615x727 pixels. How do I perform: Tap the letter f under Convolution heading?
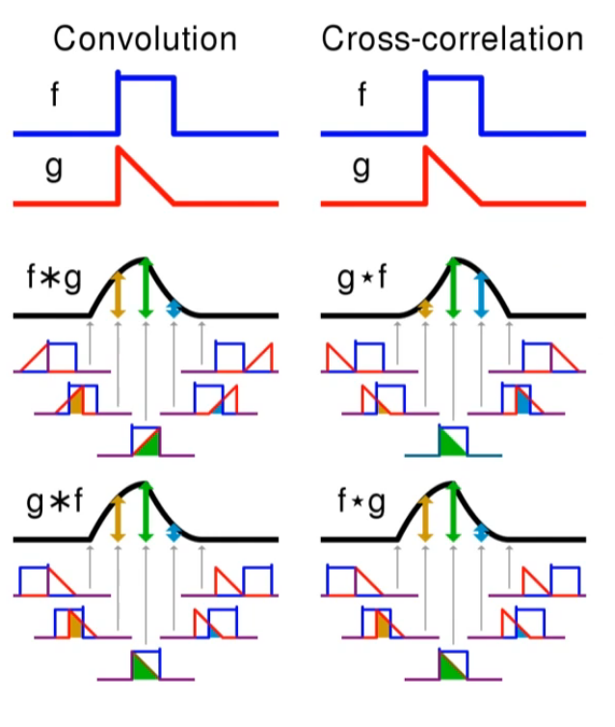[x=56, y=95]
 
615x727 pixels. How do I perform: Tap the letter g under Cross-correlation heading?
[x=361, y=168]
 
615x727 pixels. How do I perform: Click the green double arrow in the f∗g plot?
[x=145, y=287]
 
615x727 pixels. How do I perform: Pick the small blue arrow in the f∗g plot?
[x=174, y=309]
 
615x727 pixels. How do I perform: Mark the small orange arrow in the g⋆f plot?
[x=425, y=309]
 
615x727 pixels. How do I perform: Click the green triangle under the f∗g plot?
[x=148, y=444]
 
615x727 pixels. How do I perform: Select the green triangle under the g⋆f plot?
[x=450, y=444]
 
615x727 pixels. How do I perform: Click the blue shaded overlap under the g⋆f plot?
[x=521, y=402]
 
